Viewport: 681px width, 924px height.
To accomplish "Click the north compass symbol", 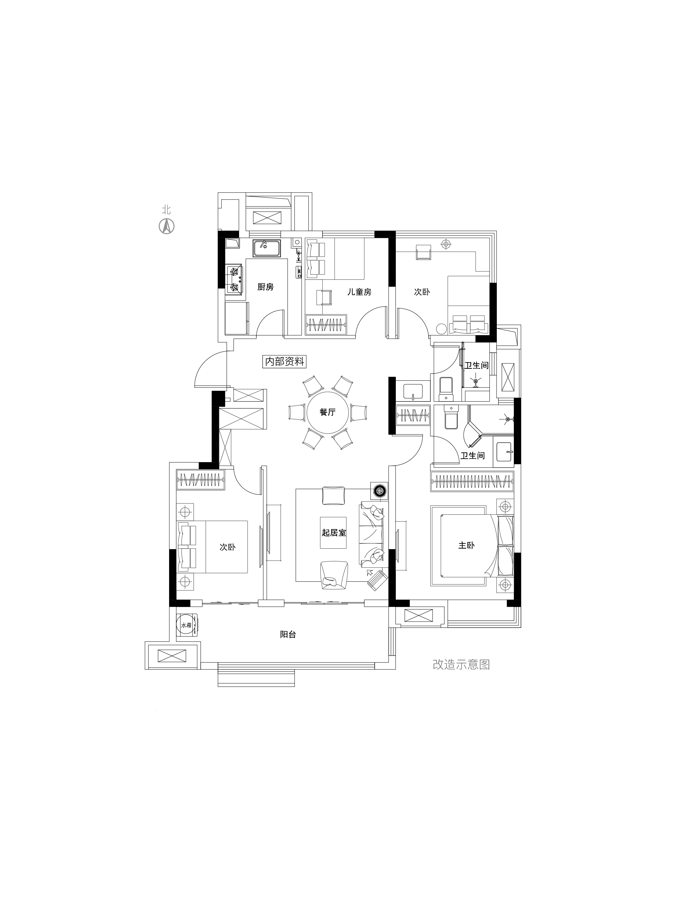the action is (x=167, y=226).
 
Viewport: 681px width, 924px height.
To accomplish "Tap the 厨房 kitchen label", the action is (x=265, y=287).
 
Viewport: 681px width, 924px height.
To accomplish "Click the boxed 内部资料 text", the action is (x=284, y=361).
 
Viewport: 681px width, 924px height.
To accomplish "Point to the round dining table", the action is (x=328, y=412).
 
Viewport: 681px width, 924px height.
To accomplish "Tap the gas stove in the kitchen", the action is (x=235, y=279).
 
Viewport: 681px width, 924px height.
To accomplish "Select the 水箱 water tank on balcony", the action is (x=187, y=625).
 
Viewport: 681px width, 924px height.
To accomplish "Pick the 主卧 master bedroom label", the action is (x=466, y=545).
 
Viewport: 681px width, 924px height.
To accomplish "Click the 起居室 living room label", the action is (x=334, y=532).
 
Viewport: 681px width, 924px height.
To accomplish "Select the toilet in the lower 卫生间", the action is (x=451, y=417).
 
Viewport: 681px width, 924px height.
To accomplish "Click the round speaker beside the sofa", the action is (x=379, y=490).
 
